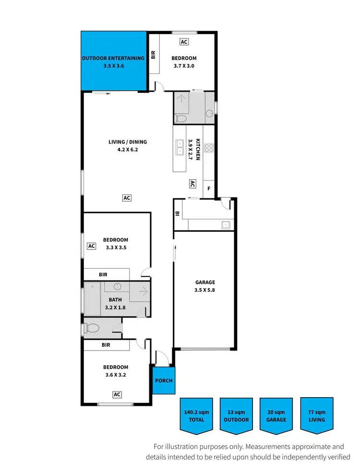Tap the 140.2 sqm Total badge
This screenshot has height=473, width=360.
click(196, 415)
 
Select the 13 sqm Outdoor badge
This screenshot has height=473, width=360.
click(236, 415)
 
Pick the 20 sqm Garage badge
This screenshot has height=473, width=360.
click(276, 415)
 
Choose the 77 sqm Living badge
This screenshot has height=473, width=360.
click(316, 415)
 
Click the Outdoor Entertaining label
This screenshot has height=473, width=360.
click(113, 62)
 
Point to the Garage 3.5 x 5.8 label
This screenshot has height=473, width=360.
click(205, 286)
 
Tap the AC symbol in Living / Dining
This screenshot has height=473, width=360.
click(127, 197)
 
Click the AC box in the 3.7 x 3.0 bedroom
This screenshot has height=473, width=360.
click(184, 42)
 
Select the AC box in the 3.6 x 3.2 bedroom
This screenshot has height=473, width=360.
click(117, 394)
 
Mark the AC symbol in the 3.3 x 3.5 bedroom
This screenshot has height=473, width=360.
click(91, 246)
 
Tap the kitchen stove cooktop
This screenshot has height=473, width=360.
click(209, 148)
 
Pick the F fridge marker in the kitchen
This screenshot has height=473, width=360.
click(209, 189)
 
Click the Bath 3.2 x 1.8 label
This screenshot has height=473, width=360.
click(115, 304)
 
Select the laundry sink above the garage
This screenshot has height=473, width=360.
click(225, 224)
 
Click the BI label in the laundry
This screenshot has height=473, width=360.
click(177, 214)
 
